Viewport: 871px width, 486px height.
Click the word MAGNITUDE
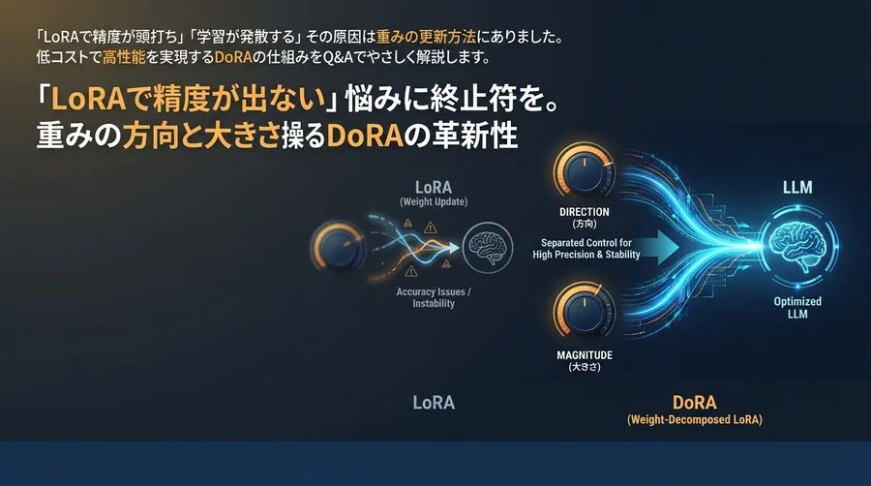tap(585, 355)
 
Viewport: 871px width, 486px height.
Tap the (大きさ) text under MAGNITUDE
tap(585, 369)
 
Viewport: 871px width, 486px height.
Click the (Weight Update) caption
tap(433, 201)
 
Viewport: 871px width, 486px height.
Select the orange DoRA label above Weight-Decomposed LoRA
tap(693, 403)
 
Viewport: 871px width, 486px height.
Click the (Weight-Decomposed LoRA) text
tap(694, 420)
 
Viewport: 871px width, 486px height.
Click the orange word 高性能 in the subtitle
tap(121, 57)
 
